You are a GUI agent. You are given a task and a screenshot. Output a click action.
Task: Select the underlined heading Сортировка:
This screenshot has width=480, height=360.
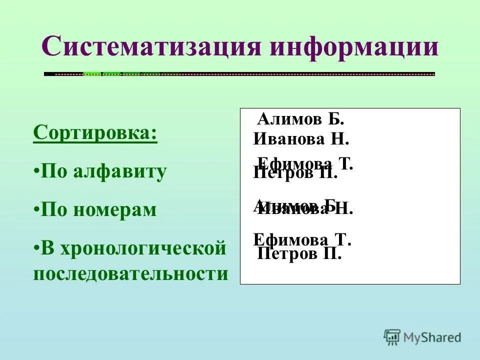[x=95, y=134]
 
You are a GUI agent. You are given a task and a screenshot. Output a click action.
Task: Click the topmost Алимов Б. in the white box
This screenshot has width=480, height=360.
[x=300, y=119]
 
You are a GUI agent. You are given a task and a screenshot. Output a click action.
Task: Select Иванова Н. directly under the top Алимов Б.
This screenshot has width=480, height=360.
[x=301, y=138]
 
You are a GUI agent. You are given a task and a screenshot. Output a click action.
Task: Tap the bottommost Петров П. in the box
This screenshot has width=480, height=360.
[x=299, y=254]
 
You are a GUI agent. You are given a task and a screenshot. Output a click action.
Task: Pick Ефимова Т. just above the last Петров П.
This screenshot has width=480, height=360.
[x=302, y=239]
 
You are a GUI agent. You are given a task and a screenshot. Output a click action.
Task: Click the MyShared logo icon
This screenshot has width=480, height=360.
[x=392, y=337]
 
